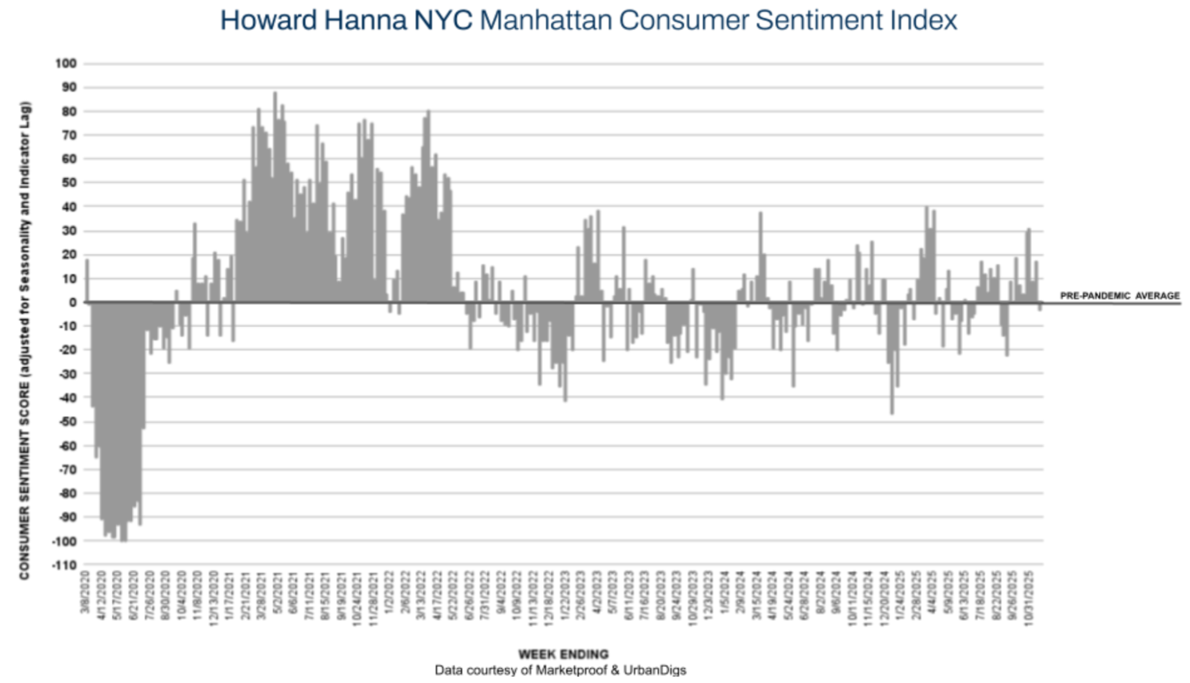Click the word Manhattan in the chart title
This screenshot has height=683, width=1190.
tap(546, 20)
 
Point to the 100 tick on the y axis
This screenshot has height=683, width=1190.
tap(66, 64)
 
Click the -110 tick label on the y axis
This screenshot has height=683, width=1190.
tap(64, 565)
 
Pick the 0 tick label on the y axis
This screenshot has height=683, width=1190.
tap(73, 302)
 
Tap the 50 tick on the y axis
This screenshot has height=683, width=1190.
tap(69, 183)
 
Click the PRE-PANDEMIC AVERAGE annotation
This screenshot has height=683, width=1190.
tap(1119, 296)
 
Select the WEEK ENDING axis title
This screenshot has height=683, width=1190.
tap(563, 654)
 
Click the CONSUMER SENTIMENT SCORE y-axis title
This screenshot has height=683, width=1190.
tap(24, 340)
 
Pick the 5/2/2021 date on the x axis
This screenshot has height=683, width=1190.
tap(277, 592)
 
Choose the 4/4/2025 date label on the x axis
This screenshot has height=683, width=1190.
tap(932, 592)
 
